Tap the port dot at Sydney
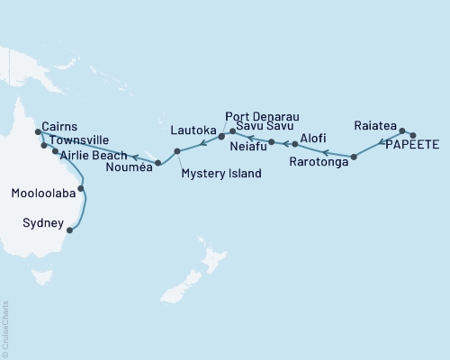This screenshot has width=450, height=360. (x=69, y=229)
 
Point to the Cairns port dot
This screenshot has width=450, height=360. (x=37, y=132)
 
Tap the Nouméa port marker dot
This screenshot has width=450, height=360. (x=158, y=163)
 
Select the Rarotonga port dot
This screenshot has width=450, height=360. (x=354, y=157)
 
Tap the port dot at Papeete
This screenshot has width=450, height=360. (x=412, y=135)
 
